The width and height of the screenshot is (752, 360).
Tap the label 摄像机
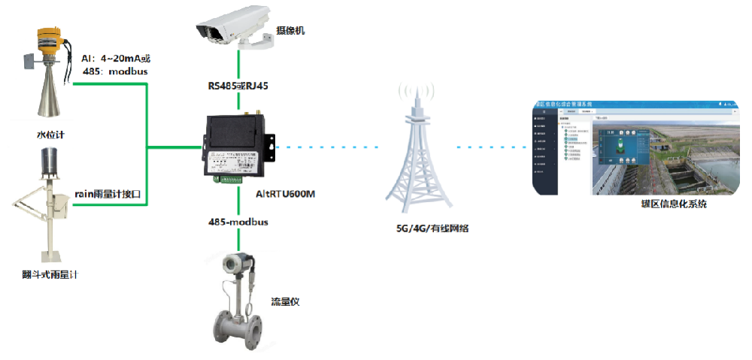point(290,31)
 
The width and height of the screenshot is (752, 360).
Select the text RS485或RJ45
point(238,86)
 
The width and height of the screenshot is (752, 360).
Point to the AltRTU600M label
point(286,194)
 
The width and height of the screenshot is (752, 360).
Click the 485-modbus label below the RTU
point(238,222)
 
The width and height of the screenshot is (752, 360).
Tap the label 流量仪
point(286,302)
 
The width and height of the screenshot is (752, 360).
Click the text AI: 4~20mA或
point(121,58)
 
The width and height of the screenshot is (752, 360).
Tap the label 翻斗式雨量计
point(50,274)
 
